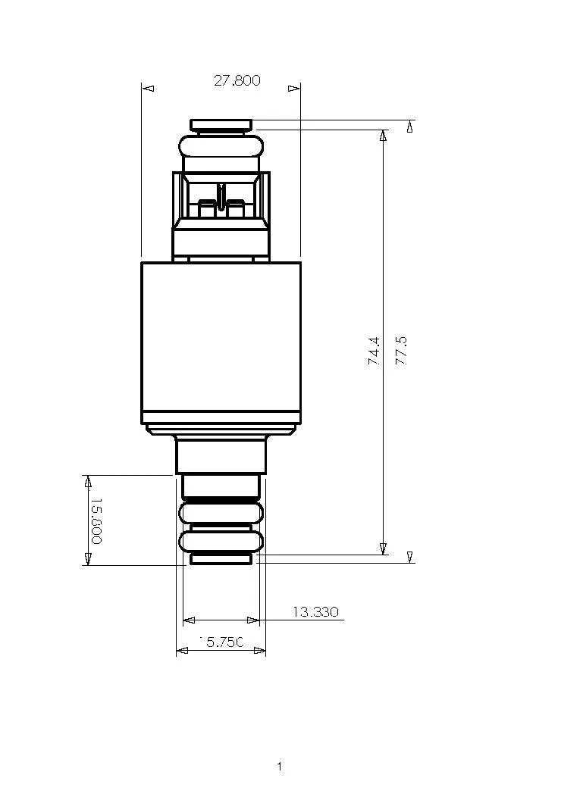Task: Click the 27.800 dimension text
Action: (x=237, y=80)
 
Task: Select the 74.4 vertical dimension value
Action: (x=375, y=352)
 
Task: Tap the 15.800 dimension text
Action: (x=96, y=521)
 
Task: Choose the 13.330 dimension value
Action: (x=315, y=612)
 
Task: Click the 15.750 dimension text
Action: (x=221, y=642)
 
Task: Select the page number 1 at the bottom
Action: (x=279, y=767)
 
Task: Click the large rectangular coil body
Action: (x=221, y=341)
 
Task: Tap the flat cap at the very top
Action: (x=221, y=124)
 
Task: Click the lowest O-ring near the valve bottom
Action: (x=221, y=541)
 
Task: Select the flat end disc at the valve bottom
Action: (x=221, y=559)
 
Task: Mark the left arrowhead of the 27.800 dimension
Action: (x=149, y=89)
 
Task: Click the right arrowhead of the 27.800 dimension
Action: (x=293, y=89)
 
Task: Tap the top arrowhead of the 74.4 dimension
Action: (x=383, y=136)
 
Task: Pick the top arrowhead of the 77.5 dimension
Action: (x=410, y=127)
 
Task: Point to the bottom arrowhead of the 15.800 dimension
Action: (x=88, y=558)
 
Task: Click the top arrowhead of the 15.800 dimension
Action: (x=88, y=482)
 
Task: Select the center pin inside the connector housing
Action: (x=221, y=197)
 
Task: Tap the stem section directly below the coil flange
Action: (x=221, y=455)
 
